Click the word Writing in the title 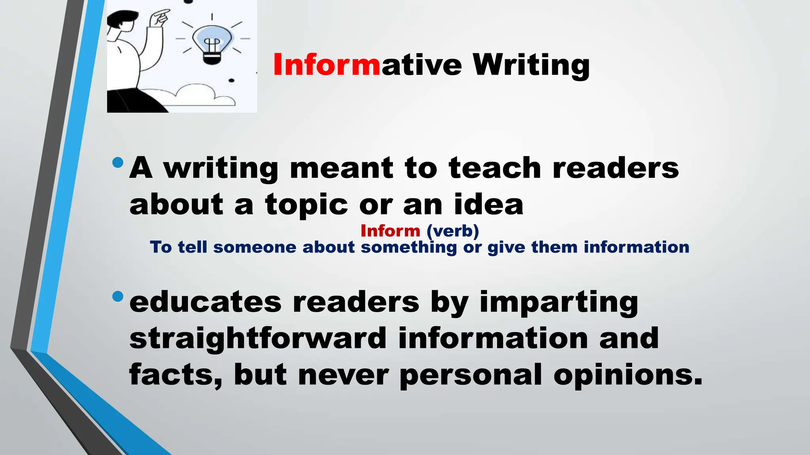(x=531, y=65)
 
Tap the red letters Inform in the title (x=326, y=65)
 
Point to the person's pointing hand (x=160, y=18)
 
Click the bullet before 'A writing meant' (x=117, y=162)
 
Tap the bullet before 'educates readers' (x=117, y=296)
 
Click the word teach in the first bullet (x=495, y=168)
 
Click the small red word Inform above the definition (x=390, y=231)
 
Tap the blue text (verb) (x=453, y=231)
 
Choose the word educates (x=205, y=302)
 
